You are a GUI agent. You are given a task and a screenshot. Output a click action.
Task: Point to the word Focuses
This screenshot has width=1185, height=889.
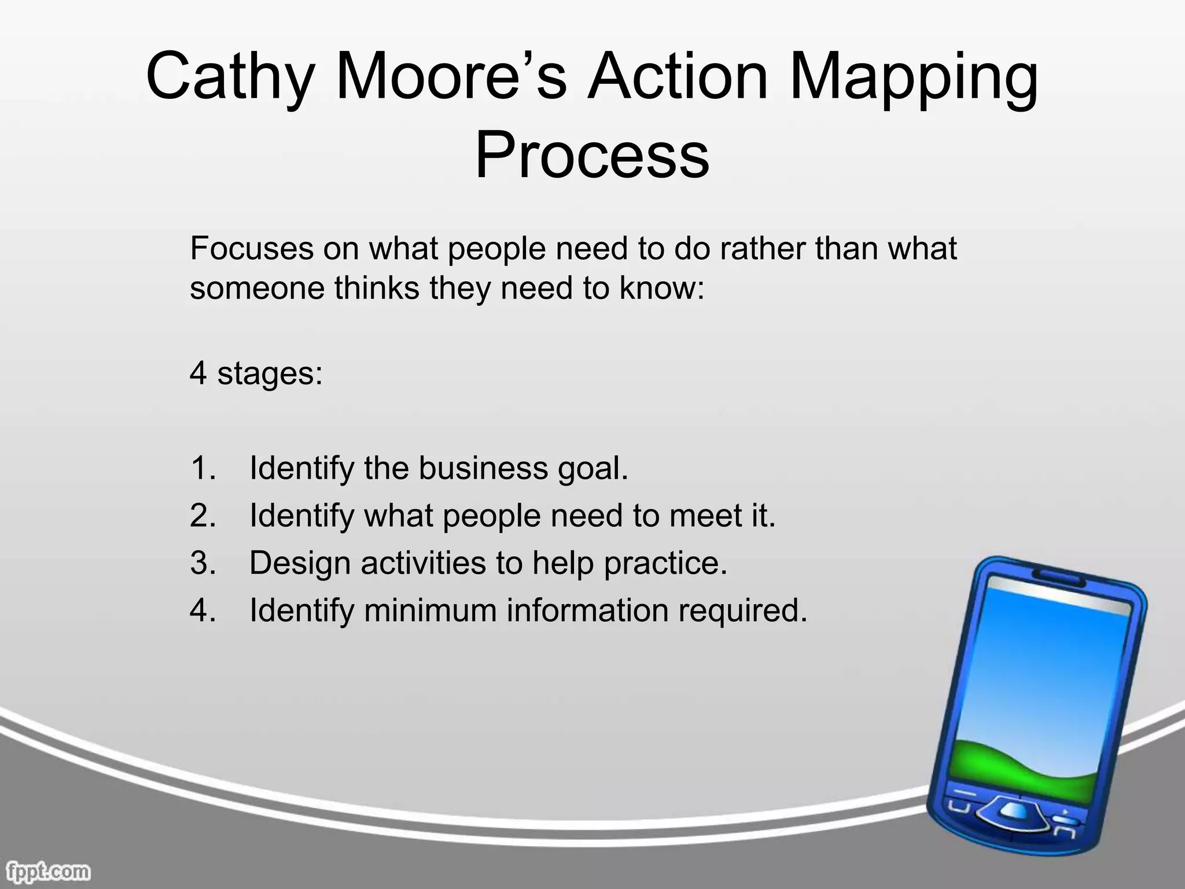point(251,249)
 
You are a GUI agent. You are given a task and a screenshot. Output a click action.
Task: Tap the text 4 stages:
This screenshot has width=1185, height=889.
point(256,373)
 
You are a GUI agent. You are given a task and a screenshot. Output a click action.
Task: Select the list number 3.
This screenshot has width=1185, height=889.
point(202,563)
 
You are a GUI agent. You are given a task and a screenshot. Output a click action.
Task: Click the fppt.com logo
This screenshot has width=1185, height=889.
point(46,871)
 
